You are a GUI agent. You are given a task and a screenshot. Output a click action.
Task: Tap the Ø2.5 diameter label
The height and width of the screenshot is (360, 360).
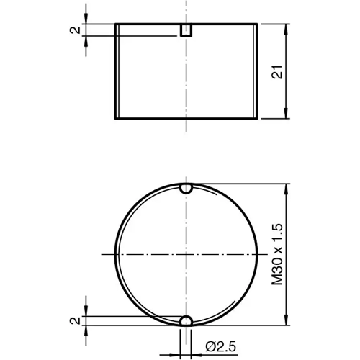[x=218, y=348]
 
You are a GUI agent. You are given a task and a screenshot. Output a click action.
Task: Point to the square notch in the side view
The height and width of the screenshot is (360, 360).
[x=186, y=30]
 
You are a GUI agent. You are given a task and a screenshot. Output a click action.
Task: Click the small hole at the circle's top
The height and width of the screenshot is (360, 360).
[x=186, y=189]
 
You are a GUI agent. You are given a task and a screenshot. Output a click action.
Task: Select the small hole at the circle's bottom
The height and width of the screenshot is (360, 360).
[x=186, y=321]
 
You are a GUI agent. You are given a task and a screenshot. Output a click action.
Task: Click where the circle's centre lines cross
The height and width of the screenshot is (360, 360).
[x=186, y=255]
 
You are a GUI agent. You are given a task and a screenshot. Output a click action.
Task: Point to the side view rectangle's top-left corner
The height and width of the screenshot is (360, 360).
[x=116, y=24]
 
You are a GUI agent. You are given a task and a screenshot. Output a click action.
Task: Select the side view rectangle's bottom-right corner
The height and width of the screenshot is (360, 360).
[x=257, y=118]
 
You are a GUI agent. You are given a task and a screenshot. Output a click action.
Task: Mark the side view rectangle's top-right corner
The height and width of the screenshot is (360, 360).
[x=257, y=24]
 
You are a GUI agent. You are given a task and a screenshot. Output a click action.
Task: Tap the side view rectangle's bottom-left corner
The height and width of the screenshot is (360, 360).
[x=116, y=118]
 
